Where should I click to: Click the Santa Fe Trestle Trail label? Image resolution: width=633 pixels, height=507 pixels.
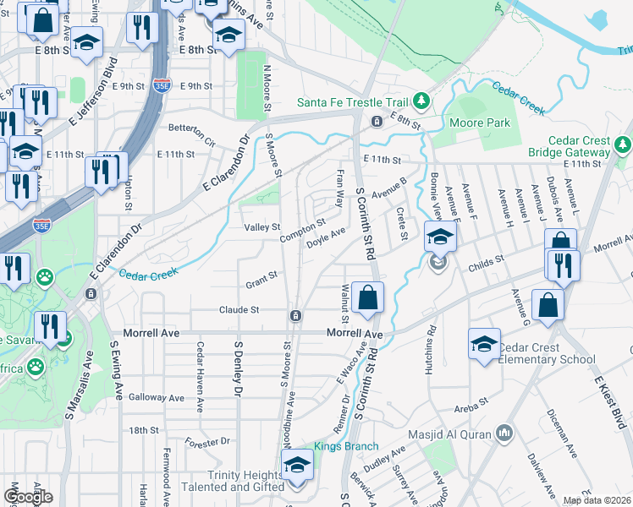point(352,103)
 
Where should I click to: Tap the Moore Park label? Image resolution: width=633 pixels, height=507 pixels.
point(487,123)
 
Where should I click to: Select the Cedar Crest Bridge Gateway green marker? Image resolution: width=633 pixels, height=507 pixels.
point(623,144)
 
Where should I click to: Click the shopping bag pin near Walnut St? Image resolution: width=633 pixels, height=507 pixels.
point(368,297)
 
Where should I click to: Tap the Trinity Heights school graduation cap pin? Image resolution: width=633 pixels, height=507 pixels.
point(296,466)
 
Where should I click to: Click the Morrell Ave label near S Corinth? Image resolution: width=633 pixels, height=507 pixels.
point(355,335)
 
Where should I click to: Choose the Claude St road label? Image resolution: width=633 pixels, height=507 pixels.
point(239,310)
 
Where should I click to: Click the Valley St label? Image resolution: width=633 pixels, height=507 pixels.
point(261,227)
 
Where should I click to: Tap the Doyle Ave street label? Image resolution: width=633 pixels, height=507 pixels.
point(326,237)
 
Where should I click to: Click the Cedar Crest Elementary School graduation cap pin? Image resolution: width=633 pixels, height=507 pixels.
point(484,344)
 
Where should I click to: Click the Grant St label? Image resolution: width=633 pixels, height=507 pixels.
point(261,276)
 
